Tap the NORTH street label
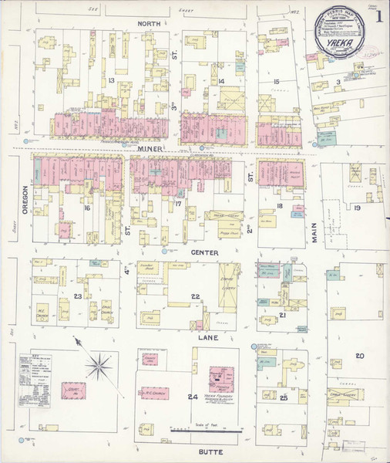click(148, 24)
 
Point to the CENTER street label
click(204, 252)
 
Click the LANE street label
click(206, 338)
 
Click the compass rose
click(98, 363)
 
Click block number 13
click(111, 80)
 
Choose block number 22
click(196, 296)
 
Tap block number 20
click(359, 355)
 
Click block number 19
click(358, 208)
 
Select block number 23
click(77, 296)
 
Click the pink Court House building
click(74, 391)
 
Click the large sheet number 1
click(378, 15)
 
